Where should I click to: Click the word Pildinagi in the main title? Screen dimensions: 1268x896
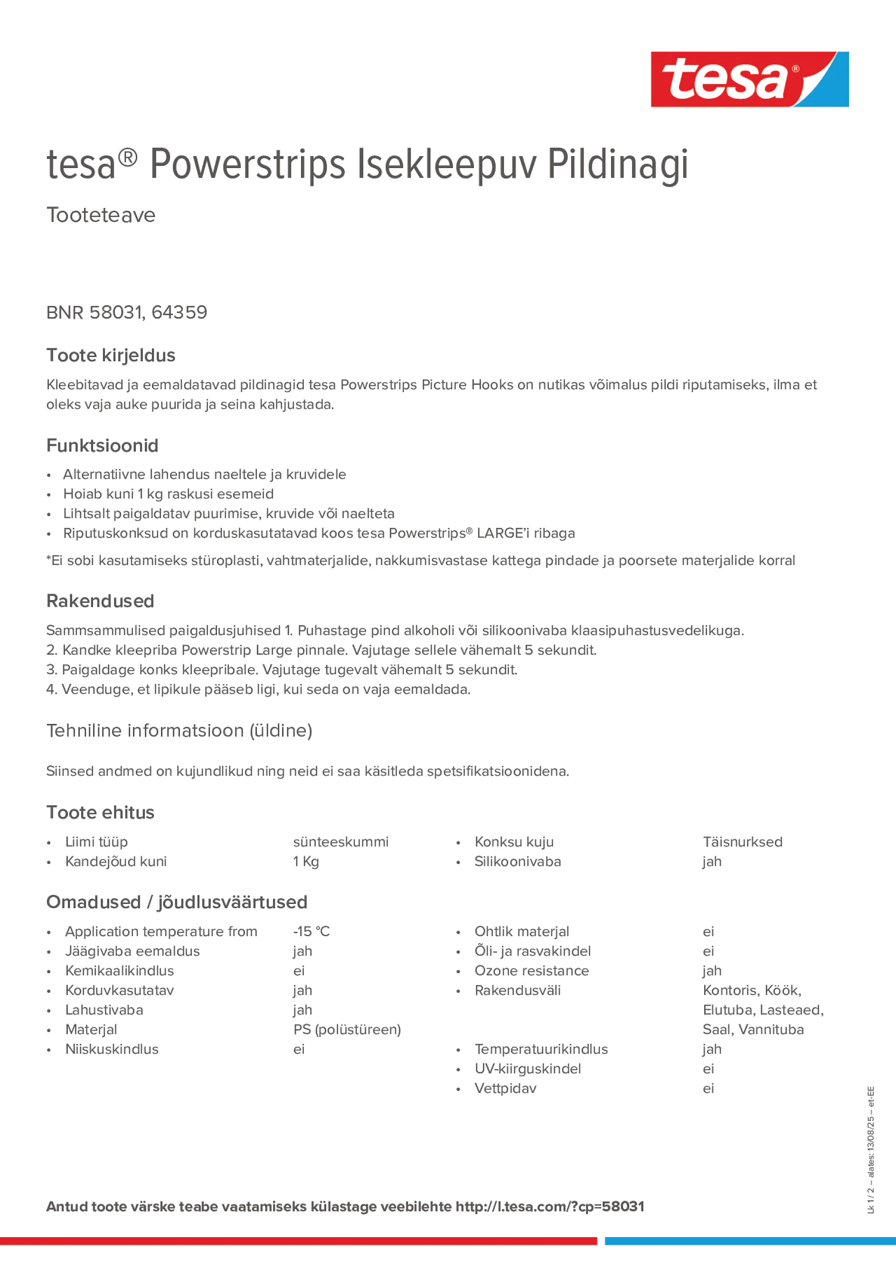click(x=618, y=165)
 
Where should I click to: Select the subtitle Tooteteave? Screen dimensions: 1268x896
click(x=101, y=215)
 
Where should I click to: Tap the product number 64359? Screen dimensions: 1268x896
click(x=179, y=312)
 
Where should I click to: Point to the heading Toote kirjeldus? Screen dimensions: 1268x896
click(x=111, y=355)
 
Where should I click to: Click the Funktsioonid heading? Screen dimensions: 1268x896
click(x=102, y=445)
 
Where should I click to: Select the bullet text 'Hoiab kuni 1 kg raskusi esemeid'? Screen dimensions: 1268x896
click(x=169, y=494)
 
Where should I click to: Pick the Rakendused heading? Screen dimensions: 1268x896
click(x=100, y=601)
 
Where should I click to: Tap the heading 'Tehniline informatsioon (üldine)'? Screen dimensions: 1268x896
click(x=179, y=730)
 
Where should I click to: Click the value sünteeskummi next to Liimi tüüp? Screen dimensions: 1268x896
click(x=341, y=842)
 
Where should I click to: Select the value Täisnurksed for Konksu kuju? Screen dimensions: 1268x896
click(x=743, y=842)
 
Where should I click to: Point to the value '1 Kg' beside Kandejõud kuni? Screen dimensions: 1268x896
click(x=306, y=862)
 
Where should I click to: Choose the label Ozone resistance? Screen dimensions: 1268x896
click(x=531, y=970)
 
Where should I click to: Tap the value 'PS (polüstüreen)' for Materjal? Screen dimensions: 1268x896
click(x=347, y=1029)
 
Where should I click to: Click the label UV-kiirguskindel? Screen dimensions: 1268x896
click(x=528, y=1069)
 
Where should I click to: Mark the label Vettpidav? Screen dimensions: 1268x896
click(x=505, y=1088)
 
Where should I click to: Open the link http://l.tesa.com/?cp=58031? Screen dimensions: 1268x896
click(x=550, y=1206)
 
